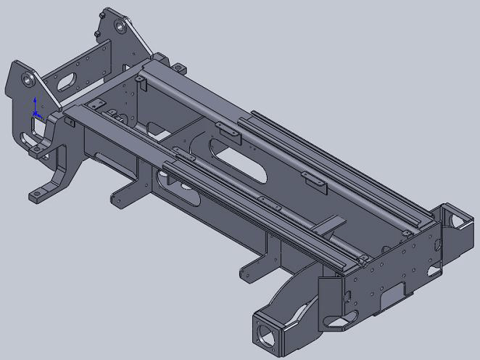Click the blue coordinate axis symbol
(35, 109)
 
